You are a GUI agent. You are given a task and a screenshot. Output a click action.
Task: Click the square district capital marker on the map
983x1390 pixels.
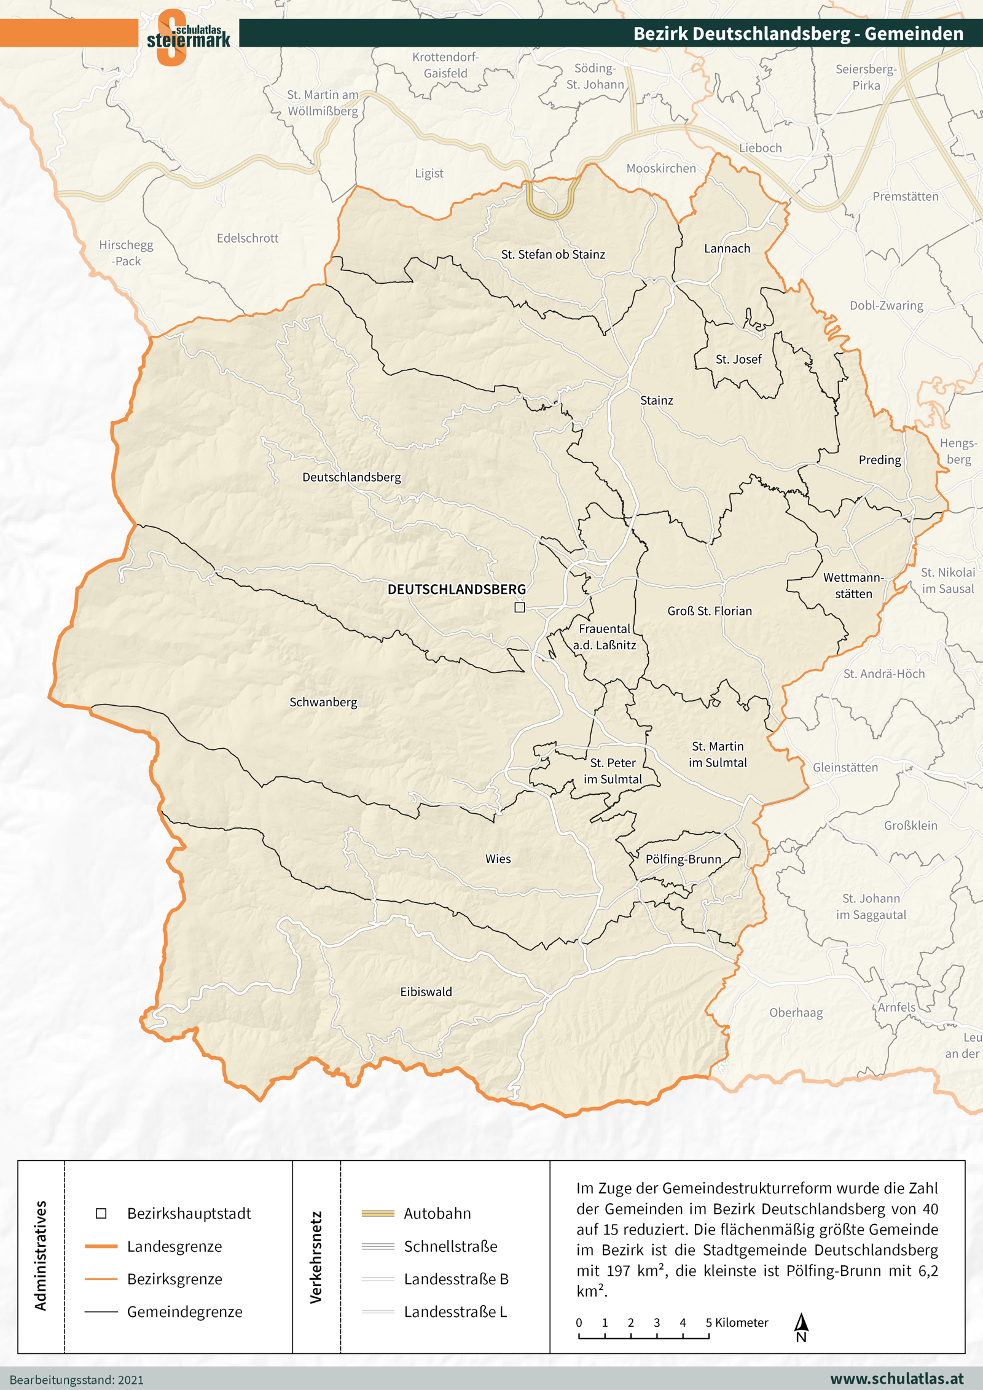click(x=520, y=607)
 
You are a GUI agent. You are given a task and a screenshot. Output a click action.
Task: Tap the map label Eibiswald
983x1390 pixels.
click(x=426, y=992)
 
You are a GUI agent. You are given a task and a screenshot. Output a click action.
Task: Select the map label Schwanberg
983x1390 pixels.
click(x=323, y=702)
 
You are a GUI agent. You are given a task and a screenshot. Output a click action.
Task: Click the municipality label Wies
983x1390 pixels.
click(x=498, y=859)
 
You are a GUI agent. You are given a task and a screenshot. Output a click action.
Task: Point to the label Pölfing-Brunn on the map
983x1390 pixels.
click(x=683, y=859)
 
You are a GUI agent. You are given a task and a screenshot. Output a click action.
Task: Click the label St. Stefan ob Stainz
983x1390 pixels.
click(x=553, y=254)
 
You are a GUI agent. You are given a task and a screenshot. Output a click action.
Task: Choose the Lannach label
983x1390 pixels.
click(x=727, y=248)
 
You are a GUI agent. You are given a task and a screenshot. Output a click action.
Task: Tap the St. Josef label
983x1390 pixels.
click(x=738, y=359)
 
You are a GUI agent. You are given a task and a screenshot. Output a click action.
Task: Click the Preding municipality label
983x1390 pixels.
click(x=879, y=459)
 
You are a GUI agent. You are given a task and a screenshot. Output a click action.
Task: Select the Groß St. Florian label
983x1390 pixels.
click(x=710, y=611)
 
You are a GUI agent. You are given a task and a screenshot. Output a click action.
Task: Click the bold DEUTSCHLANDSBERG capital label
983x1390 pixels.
click(x=456, y=589)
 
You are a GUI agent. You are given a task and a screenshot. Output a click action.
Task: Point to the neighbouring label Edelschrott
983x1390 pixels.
click(x=248, y=238)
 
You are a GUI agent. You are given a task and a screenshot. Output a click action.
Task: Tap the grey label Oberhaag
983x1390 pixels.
click(x=796, y=1012)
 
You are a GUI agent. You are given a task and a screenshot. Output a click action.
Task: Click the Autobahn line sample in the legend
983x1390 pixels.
click(x=378, y=1213)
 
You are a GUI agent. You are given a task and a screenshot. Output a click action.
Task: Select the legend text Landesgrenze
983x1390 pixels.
click(x=174, y=1246)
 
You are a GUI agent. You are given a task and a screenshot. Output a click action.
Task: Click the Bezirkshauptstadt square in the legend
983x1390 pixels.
click(x=101, y=1213)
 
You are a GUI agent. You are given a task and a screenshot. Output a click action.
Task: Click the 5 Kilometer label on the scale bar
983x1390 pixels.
click(x=737, y=1322)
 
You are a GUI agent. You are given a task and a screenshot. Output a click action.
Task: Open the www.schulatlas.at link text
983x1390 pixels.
click(x=896, y=1378)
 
